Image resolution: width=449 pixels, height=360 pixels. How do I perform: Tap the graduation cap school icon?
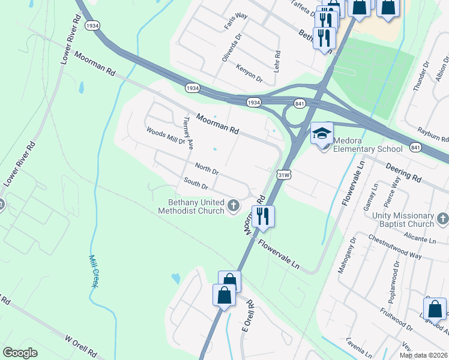click(322, 133)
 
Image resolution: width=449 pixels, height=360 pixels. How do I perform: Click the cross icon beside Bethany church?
click(234, 207)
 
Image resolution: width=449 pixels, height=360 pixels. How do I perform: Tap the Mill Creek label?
click(93, 271)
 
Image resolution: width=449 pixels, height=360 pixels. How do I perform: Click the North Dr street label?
click(206, 167)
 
